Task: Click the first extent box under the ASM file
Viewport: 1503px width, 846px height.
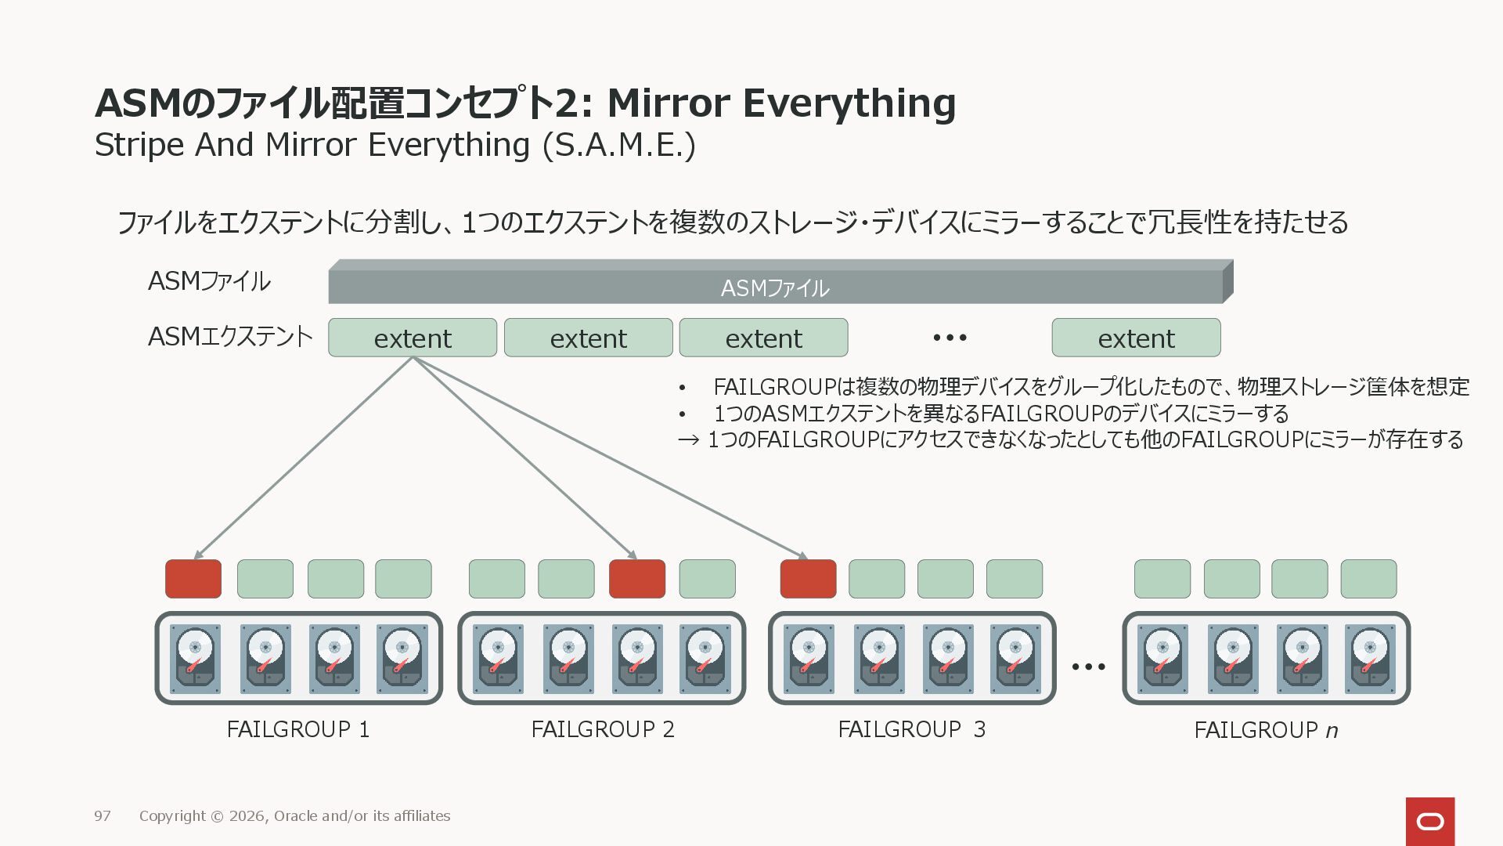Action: [413, 338]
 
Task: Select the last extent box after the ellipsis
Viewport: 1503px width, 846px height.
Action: [1136, 338]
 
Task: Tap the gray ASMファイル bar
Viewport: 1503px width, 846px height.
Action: [775, 287]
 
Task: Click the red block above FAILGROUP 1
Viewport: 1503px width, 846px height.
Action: [193, 579]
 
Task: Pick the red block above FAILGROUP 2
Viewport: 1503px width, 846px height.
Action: [637, 579]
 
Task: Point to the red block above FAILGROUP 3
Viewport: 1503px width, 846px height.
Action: [808, 579]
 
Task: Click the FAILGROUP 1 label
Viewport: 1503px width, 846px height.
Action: [297, 729]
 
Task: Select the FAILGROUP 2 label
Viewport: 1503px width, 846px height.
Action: [602, 729]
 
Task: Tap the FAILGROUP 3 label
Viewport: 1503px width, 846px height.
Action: [911, 729]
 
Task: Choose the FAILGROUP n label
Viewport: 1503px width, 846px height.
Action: [1266, 730]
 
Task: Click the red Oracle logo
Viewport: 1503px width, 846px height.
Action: [1430, 822]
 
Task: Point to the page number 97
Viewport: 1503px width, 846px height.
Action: [103, 816]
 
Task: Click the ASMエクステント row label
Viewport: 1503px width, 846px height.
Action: [230, 337]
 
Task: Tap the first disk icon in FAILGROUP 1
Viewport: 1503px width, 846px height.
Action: [195, 658]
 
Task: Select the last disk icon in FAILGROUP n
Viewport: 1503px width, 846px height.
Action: [1370, 658]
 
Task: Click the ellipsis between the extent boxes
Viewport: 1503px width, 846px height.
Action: [950, 338]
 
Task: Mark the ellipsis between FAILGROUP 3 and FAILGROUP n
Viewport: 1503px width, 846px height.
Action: [1088, 667]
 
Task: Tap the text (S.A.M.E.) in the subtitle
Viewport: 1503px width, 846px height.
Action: [619, 146]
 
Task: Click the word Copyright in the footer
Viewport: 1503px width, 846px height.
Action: [172, 816]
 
